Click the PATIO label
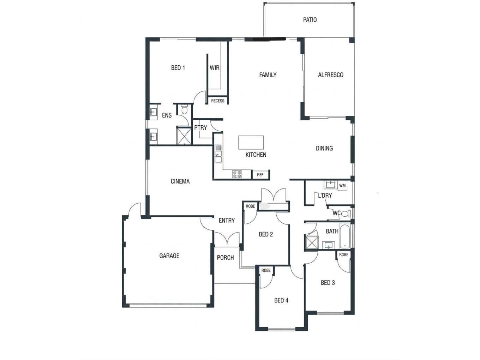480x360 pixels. click(x=310, y=20)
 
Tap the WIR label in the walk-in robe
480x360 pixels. click(x=214, y=68)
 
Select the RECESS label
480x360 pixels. click(x=217, y=101)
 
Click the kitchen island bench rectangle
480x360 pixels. click(x=251, y=142)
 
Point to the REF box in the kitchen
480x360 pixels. click(x=260, y=175)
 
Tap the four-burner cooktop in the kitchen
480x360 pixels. click(x=237, y=174)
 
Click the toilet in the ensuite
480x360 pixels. click(x=184, y=110)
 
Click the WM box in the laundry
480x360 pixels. click(x=342, y=185)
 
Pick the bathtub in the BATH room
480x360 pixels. click(x=344, y=236)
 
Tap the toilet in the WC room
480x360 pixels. click(x=346, y=214)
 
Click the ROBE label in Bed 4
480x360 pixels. click(x=266, y=270)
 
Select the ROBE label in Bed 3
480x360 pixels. click(x=343, y=254)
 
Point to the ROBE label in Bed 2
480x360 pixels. click(x=250, y=206)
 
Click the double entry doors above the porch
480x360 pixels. click(x=227, y=239)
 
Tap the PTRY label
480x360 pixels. click(x=200, y=128)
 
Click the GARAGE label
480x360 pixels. click(x=169, y=256)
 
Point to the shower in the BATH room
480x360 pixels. click(x=312, y=242)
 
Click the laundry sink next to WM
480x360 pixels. click(x=331, y=185)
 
